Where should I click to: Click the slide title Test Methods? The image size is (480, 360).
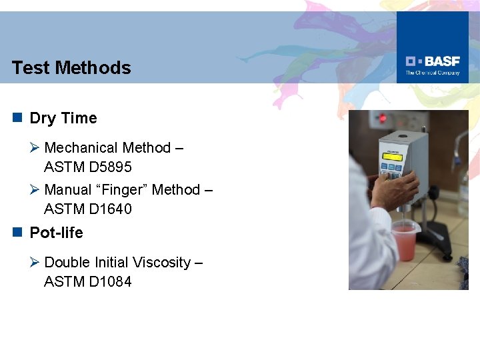[71, 67]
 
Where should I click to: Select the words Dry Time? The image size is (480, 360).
[63, 119]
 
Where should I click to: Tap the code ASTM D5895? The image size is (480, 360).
[88, 167]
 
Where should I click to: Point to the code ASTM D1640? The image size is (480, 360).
[88, 209]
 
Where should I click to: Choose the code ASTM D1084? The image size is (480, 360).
[88, 282]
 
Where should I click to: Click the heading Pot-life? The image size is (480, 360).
[57, 233]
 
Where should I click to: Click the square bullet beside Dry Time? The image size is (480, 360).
[17, 118]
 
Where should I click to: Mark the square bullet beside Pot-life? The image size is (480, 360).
[17, 232]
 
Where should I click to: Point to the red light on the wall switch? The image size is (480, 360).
[383, 119]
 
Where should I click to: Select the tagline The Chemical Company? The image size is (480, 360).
[433, 73]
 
